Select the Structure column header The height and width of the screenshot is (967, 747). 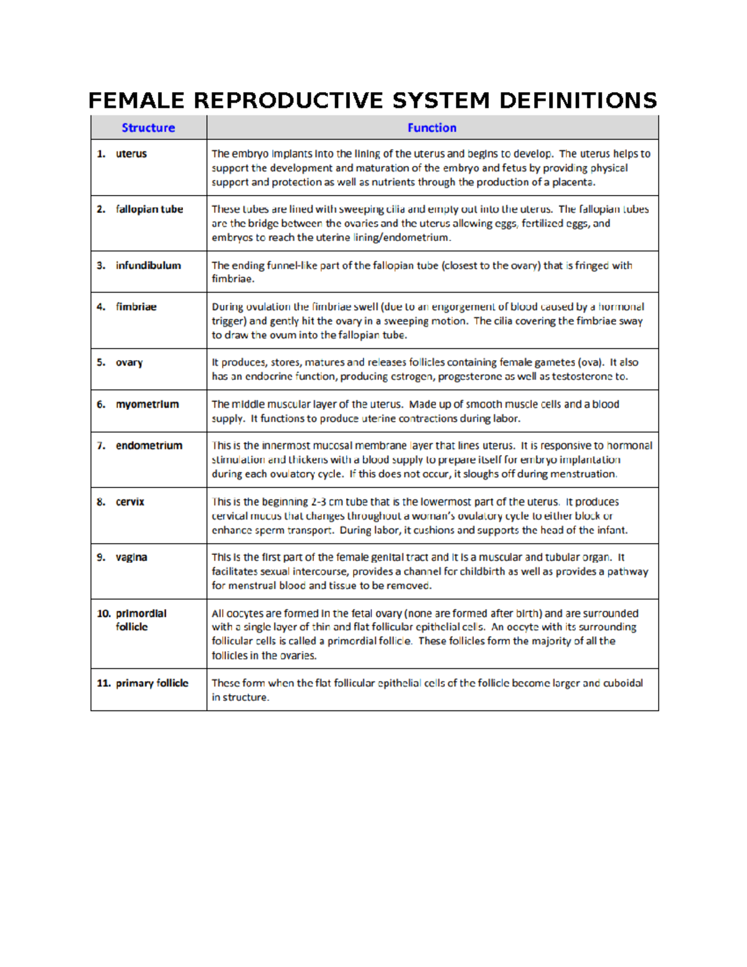pyautogui.click(x=148, y=128)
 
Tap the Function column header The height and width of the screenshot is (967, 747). pyautogui.click(x=432, y=128)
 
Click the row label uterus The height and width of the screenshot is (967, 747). pyautogui.click(x=131, y=154)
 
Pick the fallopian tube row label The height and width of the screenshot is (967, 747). pyautogui.click(x=149, y=209)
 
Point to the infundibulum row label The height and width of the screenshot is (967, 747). pyautogui.click(x=148, y=265)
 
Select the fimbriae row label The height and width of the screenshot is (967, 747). pyautogui.click(x=136, y=307)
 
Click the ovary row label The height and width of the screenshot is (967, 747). pyautogui.click(x=129, y=362)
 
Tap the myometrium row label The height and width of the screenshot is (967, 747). pyautogui.click(x=147, y=404)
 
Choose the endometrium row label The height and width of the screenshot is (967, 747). pyautogui.click(x=149, y=446)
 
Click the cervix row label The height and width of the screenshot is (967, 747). pyautogui.click(x=129, y=502)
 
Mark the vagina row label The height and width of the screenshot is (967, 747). pyautogui.click(x=131, y=557)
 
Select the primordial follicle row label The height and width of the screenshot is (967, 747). pyautogui.click(x=141, y=620)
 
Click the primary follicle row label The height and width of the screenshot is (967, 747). pyautogui.click(x=152, y=683)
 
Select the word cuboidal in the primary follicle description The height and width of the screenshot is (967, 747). pyautogui.click(x=622, y=683)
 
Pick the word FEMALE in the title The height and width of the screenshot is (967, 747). pyautogui.click(x=136, y=100)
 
